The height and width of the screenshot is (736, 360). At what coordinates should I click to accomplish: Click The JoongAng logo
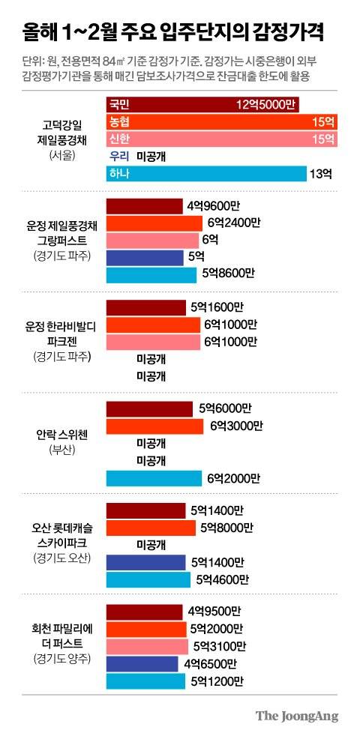[x=296, y=715]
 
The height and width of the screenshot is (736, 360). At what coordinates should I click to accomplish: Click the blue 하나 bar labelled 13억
[x=206, y=174]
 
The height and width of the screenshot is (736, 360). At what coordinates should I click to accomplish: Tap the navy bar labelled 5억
[x=145, y=258]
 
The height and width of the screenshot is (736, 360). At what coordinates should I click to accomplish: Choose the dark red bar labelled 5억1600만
[x=146, y=307]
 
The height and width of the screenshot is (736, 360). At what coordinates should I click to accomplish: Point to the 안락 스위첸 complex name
[x=58, y=435]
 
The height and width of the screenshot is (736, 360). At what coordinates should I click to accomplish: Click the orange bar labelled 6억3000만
[x=155, y=426]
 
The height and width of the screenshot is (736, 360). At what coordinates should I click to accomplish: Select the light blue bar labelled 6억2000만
[x=154, y=477]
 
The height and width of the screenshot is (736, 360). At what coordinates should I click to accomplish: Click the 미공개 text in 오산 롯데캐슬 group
[x=151, y=545]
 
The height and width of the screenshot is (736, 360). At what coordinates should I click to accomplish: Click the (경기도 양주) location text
[x=58, y=659]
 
